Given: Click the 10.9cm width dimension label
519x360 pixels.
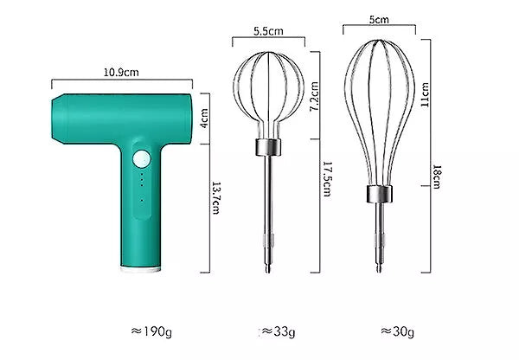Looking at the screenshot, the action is click(121, 72).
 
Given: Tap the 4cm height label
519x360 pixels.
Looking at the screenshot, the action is click(204, 119).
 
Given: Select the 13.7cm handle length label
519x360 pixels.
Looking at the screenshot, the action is click(215, 197).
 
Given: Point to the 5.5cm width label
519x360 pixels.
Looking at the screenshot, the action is click(268, 31).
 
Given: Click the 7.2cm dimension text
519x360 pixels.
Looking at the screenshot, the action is click(314, 96).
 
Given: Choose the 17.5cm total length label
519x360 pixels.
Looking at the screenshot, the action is click(327, 179).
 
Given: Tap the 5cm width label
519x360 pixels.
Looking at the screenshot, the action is click(379, 20).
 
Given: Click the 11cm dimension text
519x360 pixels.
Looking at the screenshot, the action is click(425, 94).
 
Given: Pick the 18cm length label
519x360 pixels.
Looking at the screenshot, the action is click(437, 177).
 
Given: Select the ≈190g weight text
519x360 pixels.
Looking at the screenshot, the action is click(151, 331).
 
